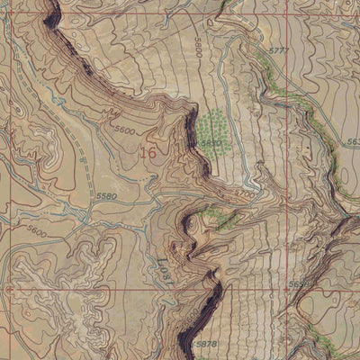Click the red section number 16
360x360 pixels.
[148, 153]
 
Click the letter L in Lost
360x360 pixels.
[166, 277]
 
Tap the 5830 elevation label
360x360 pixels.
[211, 142]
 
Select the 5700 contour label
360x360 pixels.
[244, 192]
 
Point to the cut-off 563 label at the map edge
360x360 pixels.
[352, 142]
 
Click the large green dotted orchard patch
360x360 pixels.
[214, 128]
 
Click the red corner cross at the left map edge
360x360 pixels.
[4, 290]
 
